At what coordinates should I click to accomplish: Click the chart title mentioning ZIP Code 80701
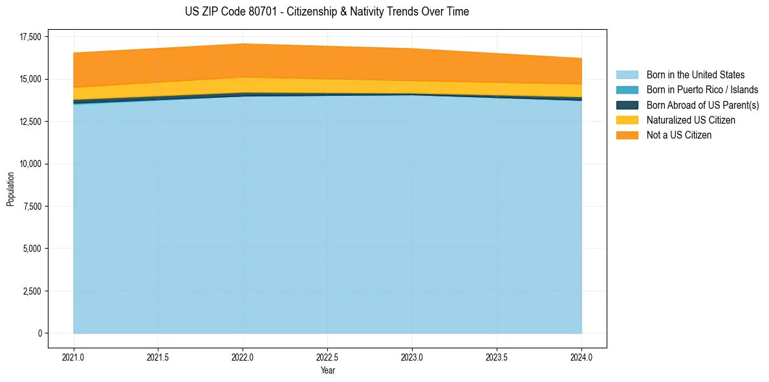pyautogui.click(x=327, y=12)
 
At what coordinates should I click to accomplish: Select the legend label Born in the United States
pyautogui.click(x=695, y=75)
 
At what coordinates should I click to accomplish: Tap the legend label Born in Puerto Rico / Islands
pyautogui.click(x=702, y=90)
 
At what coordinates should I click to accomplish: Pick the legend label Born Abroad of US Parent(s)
pyautogui.click(x=702, y=105)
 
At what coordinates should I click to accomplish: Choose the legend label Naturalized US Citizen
pyautogui.click(x=691, y=120)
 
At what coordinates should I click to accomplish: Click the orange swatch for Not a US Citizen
pyautogui.click(x=627, y=135)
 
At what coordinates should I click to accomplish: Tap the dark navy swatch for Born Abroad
pyautogui.click(x=627, y=105)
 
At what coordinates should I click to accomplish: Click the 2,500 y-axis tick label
pyautogui.click(x=30, y=291)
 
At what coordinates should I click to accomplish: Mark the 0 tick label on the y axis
pyautogui.click(x=38, y=333)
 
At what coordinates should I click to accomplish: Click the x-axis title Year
pyautogui.click(x=327, y=370)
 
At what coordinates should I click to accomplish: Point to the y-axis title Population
pyautogui.click(x=10, y=189)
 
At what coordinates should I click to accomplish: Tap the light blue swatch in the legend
pyautogui.click(x=627, y=75)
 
